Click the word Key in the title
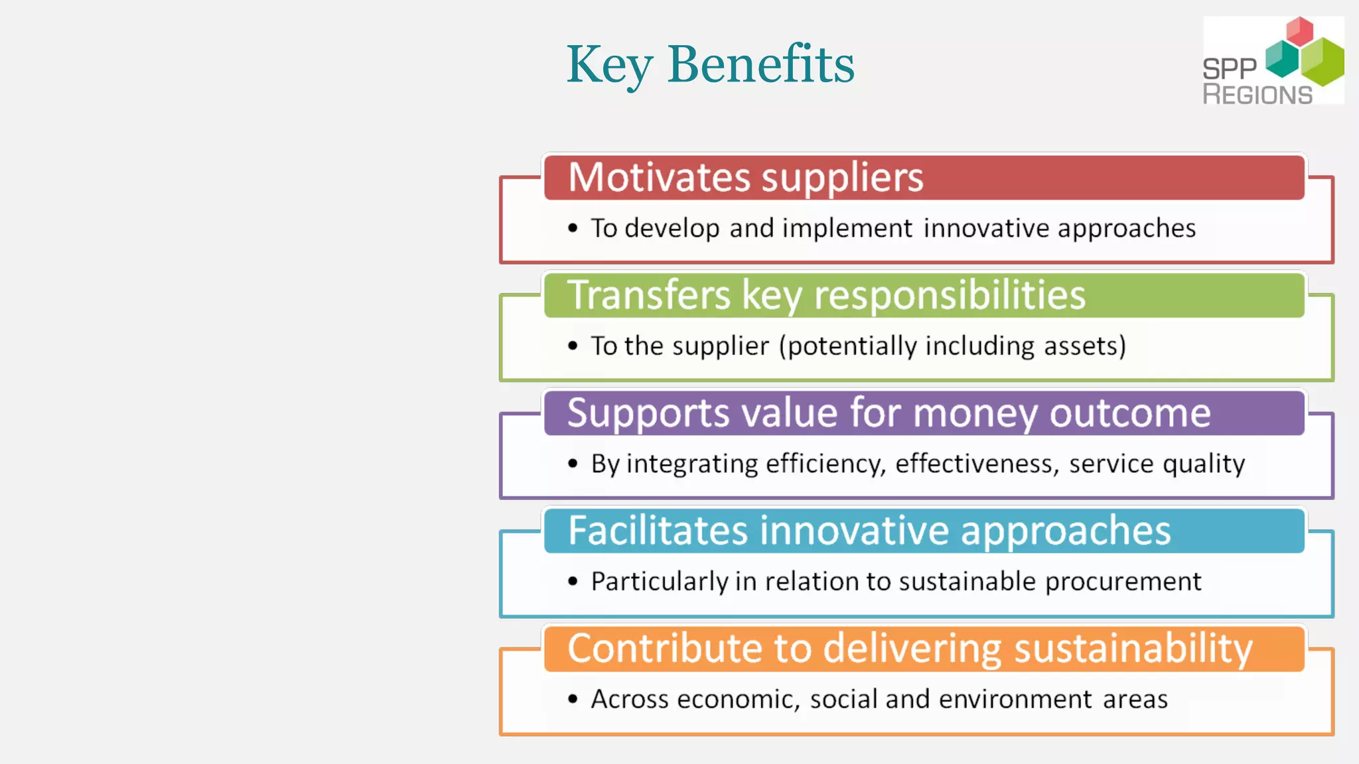[x=609, y=64]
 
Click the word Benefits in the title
[x=761, y=64]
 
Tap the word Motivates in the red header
[x=660, y=178]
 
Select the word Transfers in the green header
[x=648, y=295]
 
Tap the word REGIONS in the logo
[x=1257, y=94]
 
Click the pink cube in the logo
[x=1299, y=31]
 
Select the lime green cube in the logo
[x=1322, y=62]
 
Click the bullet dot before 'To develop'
[x=573, y=229]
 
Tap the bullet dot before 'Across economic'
[x=573, y=699]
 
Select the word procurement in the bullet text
[x=1123, y=582]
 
